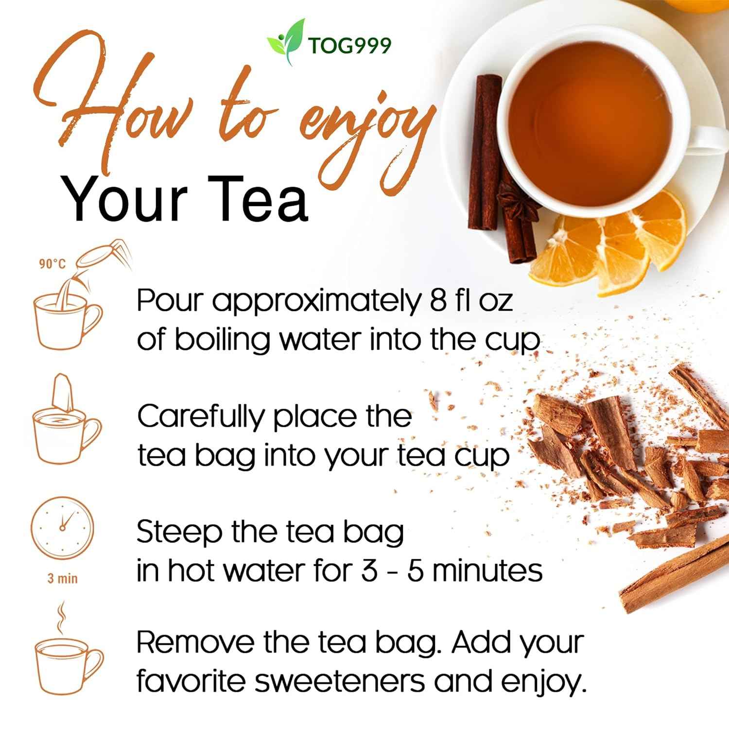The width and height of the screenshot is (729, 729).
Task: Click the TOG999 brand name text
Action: (349, 46)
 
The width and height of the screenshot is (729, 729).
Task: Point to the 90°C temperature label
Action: (52, 264)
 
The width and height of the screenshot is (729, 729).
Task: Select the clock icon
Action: (62, 526)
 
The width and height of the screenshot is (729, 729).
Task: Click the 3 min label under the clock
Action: (62, 578)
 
